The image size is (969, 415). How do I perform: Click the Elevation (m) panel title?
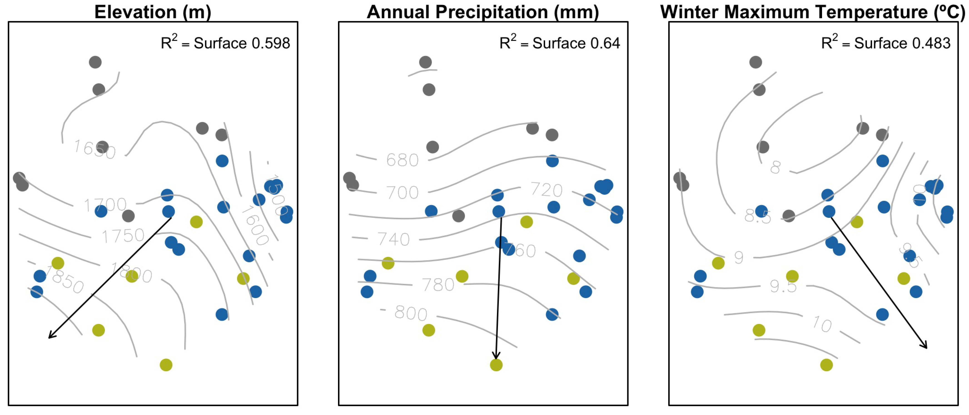click(x=153, y=12)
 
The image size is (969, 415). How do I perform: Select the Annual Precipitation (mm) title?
click(x=483, y=12)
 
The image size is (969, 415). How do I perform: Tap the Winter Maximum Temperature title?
click(x=812, y=12)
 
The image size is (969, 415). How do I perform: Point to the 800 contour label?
click(x=411, y=313)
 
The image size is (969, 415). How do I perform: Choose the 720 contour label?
click(x=547, y=190)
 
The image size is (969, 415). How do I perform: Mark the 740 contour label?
click(x=393, y=239)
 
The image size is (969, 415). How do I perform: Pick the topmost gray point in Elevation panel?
click(x=95, y=62)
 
